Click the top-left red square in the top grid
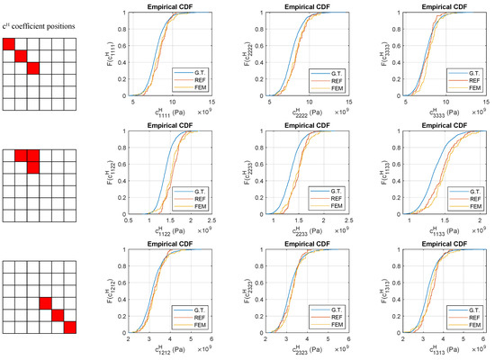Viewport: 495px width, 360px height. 9,45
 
